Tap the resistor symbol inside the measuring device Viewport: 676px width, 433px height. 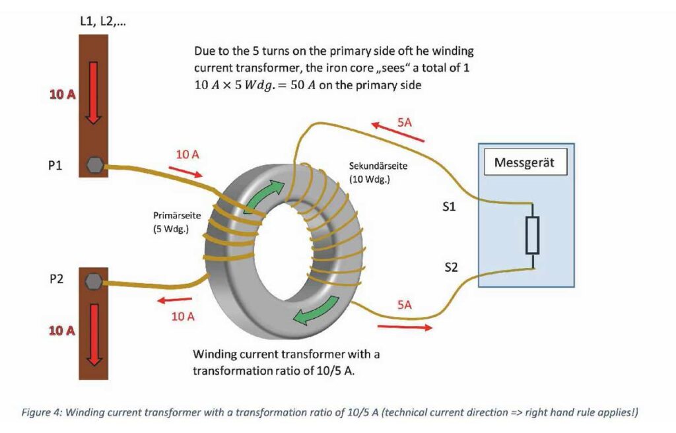pyautogui.click(x=532, y=235)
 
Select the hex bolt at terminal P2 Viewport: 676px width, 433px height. pyautogui.click(x=94, y=281)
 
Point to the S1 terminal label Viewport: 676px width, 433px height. pyautogui.click(x=449, y=207)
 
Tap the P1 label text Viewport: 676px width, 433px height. pyautogui.click(x=55, y=166)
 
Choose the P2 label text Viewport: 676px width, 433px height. pyautogui.click(x=56, y=279)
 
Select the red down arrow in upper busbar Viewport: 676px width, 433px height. pyautogui.click(x=94, y=92)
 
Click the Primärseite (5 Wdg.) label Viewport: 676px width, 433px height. pyautogui.click(x=177, y=222)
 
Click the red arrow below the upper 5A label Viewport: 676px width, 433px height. pyautogui.click(x=397, y=131)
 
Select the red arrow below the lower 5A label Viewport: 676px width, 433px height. pyautogui.click(x=405, y=327)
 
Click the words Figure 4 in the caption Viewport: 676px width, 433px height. pyautogui.click(x=42, y=413)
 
